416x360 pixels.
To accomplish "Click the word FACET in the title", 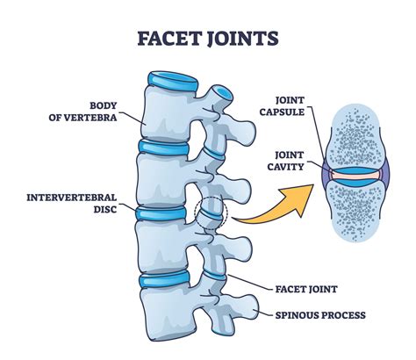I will (x=166, y=40).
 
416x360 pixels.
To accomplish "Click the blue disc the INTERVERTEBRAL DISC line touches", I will (x=162, y=213).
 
